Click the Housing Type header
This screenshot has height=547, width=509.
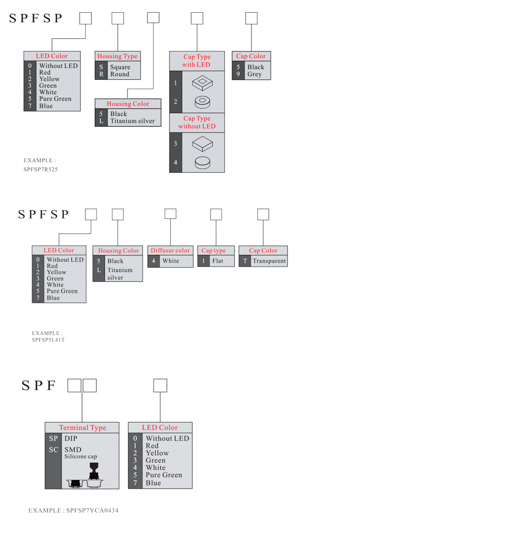pyautogui.click(x=117, y=56)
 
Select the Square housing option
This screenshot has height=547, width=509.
pyautogui.click(x=120, y=67)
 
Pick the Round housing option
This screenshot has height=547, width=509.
pyautogui.click(x=119, y=74)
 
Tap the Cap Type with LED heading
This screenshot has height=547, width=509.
pyautogui.click(x=196, y=61)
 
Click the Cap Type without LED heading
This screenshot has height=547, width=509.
pyautogui.click(x=196, y=122)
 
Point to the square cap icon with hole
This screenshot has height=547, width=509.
pyautogui.click(x=202, y=83)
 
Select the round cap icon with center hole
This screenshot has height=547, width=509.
pyautogui.click(x=202, y=102)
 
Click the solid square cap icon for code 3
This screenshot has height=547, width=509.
pyautogui.click(x=202, y=144)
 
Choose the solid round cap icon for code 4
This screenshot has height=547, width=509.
pyautogui.click(x=202, y=162)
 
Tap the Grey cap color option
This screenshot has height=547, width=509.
pyautogui.click(x=254, y=74)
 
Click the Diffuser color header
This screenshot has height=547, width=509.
pyautogui.click(x=170, y=250)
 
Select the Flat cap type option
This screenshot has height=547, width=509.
pyautogui.click(x=217, y=261)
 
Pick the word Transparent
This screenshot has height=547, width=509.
pyautogui.click(x=269, y=261)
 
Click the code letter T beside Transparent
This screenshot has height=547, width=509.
pyautogui.click(x=245, y=261)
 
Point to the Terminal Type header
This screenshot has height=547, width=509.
pyautogui.click(x=82, y=428)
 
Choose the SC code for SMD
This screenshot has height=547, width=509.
pyautogui.click(x=53, y=450)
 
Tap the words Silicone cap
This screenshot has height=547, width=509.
pyautogui.click(x=80, y=457)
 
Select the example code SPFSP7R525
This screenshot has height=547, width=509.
pyautogui.click(x=41, y=170)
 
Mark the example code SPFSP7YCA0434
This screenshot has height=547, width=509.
pyautogui.click(x=92, y=511)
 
